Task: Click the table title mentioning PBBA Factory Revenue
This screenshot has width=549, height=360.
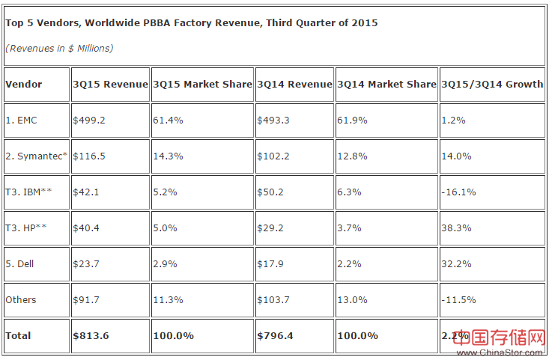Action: [x=192, y=23]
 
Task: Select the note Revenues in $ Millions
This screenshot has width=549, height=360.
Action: [x=59, y=48]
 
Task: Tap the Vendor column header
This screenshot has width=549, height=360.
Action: [x=24, y=84]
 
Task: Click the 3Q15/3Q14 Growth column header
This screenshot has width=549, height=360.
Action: [x=492, y=84]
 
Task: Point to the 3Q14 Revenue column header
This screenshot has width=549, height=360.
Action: [x=294, y=84]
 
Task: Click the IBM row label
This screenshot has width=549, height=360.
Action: [x=28, y=192]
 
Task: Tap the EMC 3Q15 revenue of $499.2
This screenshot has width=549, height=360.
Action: [x=88, y=120]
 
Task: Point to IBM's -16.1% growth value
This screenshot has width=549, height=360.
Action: [x=458, y=192]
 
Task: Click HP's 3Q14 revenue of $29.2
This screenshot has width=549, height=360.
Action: [x=271, y=228]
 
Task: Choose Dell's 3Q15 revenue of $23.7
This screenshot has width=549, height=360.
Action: [x=86, y=263]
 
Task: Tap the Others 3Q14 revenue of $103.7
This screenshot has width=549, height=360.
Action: [x=273, y=299]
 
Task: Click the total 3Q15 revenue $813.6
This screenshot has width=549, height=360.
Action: [x=91, y=335]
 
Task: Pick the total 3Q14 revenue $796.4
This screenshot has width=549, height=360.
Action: [x=275, y=335]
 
